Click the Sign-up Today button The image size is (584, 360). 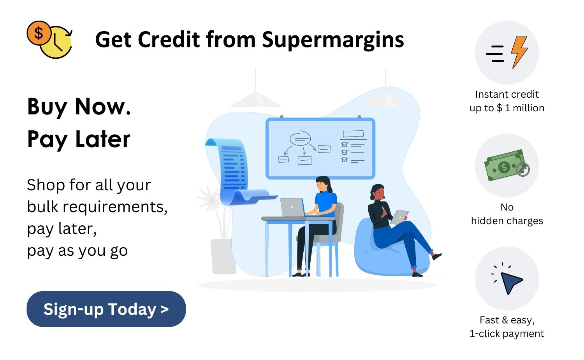tap(106, 309)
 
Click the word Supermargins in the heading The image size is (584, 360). tap(333, 40)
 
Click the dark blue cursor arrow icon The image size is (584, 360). tap(510, 281)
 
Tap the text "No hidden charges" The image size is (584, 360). tap(507, 214)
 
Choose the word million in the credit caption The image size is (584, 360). tap(528, 108)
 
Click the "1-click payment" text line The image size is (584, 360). tap(507, 334)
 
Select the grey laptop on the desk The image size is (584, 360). tap(292, 207)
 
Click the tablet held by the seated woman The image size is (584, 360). tap(400, 216)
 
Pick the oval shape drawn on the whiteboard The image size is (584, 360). tap(300, 138)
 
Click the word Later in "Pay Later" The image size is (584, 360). tap(103, 139)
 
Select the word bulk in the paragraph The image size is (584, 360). tap(42, 207)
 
